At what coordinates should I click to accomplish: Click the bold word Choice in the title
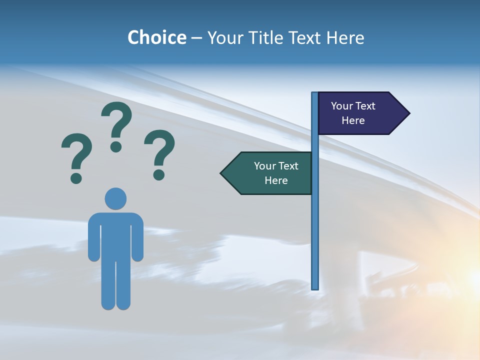[156, 37]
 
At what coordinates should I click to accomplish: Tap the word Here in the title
[345, 37]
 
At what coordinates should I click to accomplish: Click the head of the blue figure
[115, 198]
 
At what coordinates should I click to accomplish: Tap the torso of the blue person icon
[115, 235]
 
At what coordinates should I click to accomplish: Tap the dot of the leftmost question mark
[76, 177]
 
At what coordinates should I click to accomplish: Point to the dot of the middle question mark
[116, 146]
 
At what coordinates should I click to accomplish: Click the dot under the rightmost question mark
[159, 174]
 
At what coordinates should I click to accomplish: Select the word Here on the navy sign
[353, 120]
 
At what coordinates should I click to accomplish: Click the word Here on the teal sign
[276, 180]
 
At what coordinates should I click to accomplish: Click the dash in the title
[196, 38]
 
